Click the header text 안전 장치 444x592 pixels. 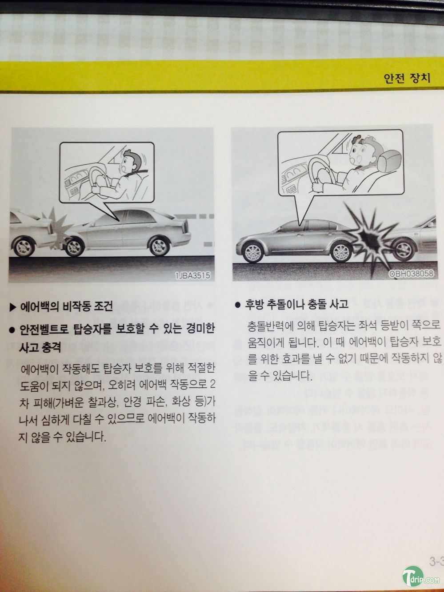407,78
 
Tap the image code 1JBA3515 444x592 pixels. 192,275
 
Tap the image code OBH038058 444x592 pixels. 411,274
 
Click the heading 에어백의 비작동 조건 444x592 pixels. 66,306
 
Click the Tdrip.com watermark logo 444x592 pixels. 420,577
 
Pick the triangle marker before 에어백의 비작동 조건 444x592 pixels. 12,306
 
